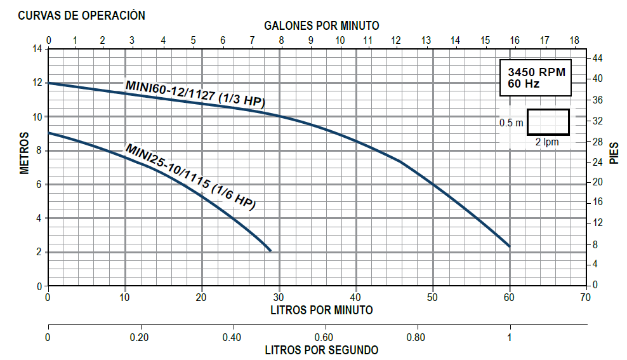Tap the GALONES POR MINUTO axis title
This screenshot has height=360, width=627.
click(321, 26)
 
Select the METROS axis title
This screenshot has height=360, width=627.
click(25, 152)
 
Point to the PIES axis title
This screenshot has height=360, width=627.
click(614, 152)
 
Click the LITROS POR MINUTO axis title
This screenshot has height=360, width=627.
click(321, 310)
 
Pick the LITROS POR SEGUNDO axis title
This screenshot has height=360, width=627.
click(321, 350)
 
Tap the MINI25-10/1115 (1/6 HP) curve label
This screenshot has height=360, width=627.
click(190, 177)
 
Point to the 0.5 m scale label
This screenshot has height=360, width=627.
click(511, 123)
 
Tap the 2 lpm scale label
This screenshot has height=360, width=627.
click(547, 142)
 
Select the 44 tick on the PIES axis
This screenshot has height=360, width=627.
click(597, 58)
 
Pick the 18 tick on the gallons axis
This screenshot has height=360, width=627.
click(574, 40)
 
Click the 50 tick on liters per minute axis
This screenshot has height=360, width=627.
click(432, 297)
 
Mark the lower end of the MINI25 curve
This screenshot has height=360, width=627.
click(270, 250)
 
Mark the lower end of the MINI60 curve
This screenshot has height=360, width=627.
click(509, 246)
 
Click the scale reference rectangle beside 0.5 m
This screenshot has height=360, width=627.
click(548, 122)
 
